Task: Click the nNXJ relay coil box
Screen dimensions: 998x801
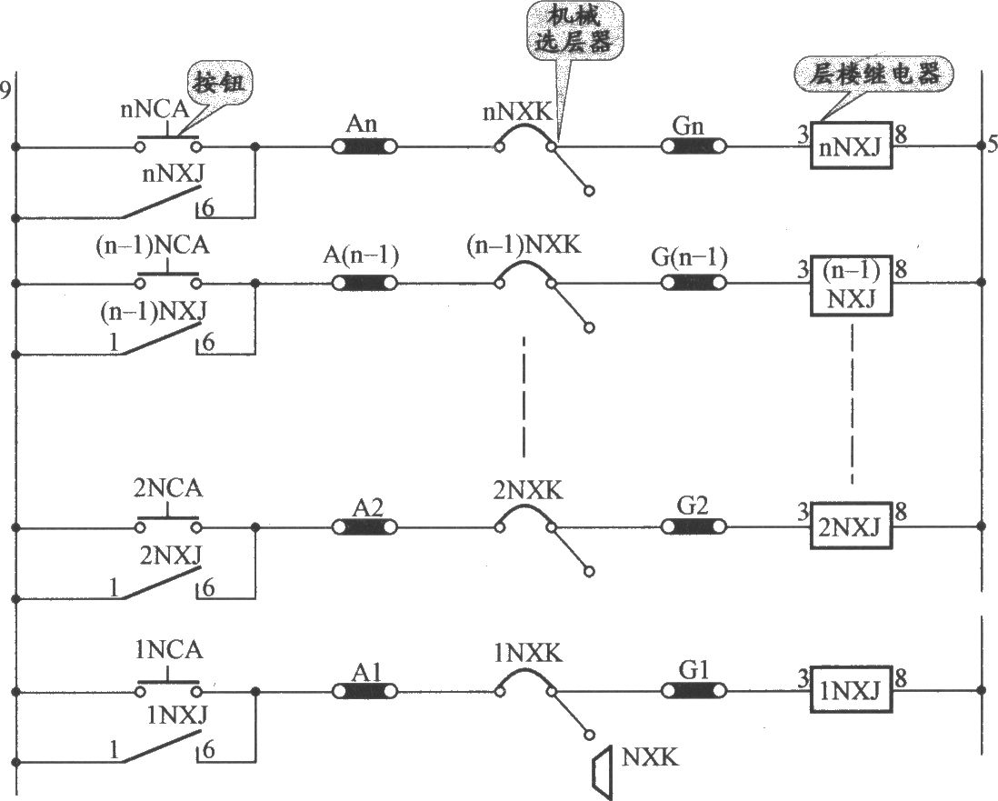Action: [851, 145]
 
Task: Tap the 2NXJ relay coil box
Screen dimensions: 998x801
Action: [851, 526]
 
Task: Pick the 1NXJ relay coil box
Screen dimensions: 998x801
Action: [851, 689]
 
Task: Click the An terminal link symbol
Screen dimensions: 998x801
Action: [364, 147]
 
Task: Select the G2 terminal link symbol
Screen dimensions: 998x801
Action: [694, 527]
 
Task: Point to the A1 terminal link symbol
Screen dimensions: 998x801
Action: [364, 691]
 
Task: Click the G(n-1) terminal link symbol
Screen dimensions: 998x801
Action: [694, 282]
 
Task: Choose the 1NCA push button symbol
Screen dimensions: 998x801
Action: [169, 686]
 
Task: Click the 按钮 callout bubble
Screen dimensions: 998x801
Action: [218, 82]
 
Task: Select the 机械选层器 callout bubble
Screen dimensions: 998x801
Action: [573, 31]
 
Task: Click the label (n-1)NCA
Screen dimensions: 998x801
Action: [153, 245]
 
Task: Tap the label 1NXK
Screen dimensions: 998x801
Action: [528, 654]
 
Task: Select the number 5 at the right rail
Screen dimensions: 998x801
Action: [992, 145]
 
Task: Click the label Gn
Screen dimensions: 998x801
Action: [689, 125]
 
